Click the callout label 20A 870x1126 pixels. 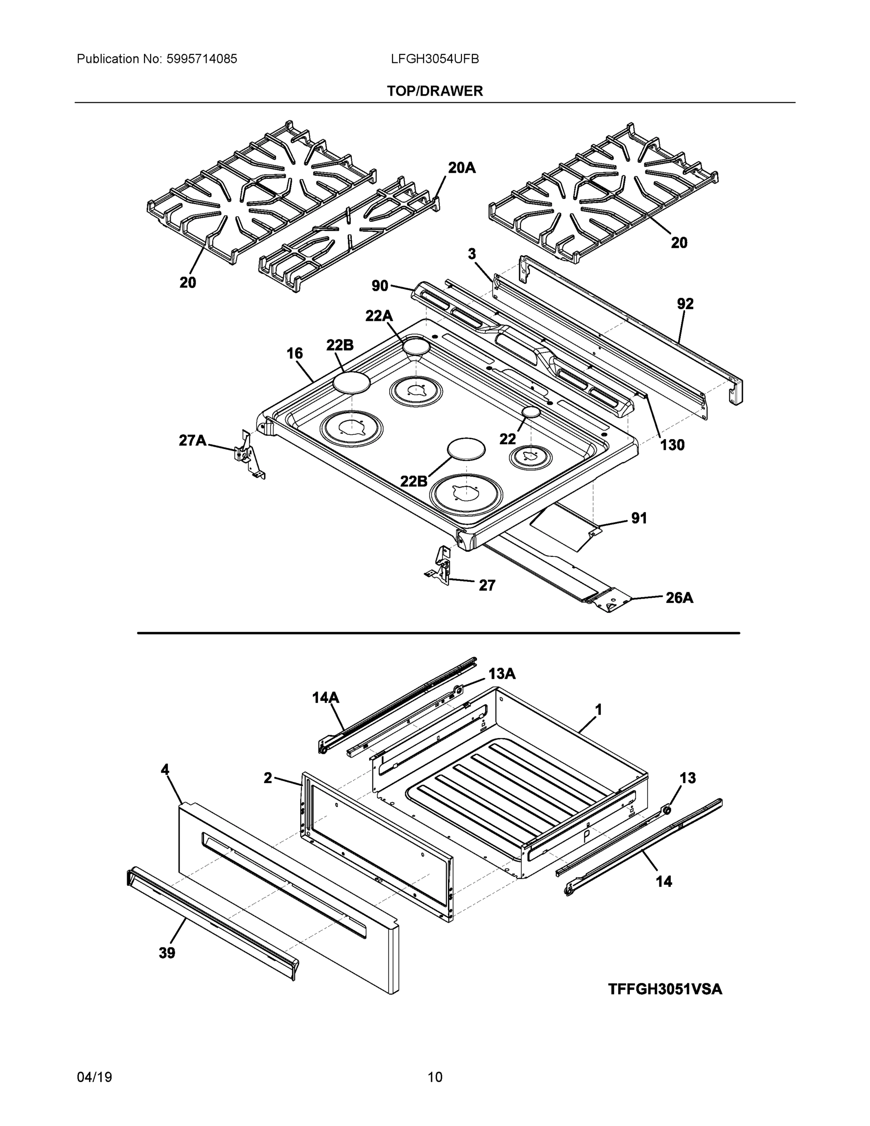pyautogui.click(x=461, y=167)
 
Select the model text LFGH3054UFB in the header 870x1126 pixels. pyautogui.click(x=434, y=59)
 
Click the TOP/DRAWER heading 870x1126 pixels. pyautogui.click(x=434, y=91)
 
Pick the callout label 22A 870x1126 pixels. pyautogui.click(x=379, y=316)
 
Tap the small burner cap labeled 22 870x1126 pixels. pyautogui.click(x=531, y=412)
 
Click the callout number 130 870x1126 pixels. pyautogui.click(x=672, y=445)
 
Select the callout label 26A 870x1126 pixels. pyautogui.click(x=679, y=598)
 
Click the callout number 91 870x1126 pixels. pyautogui.click(x=639, y=518)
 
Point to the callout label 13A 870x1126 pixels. pyautogui.click(x=501, y=674)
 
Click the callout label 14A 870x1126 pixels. pyautogui.click(x=326, y=698)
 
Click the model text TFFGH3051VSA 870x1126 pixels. pyautogui.click(x=665, y=989)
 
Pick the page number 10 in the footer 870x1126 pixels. pyautogui.click(x=434, y=1077)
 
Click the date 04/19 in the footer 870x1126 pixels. pyautogui.click(x=94, y=1077)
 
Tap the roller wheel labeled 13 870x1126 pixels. pyautogui.click(x=667, y=810)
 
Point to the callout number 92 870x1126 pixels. pyautogui.click(x=685, y=304)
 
